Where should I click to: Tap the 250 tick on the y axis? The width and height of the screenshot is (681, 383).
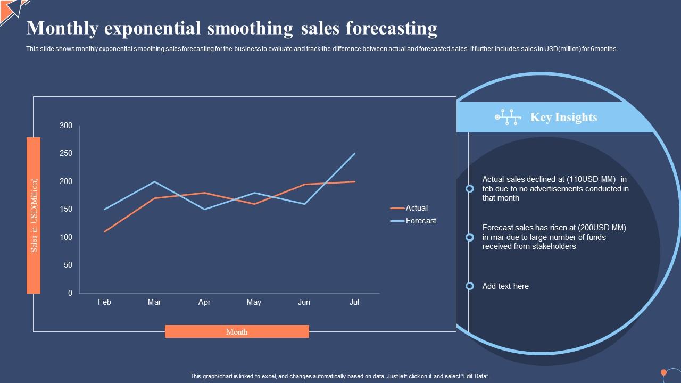(66, 153)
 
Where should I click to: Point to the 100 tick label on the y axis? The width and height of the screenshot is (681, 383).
(66, 237)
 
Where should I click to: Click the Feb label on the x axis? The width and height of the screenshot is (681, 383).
(104, 302)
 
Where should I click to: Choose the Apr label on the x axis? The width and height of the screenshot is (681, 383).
(204, 302)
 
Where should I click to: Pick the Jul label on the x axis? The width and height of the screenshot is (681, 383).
(354, 302)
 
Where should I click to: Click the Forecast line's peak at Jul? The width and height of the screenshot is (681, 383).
(354, 154)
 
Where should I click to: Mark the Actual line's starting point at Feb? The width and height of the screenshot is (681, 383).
(105, 231)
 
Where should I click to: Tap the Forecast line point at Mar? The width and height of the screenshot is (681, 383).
(154, 181)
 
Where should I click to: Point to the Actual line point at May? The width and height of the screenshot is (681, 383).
(254, 204)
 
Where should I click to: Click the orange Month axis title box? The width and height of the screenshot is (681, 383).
(237, 331)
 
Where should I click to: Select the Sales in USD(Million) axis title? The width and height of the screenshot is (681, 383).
(34, 215)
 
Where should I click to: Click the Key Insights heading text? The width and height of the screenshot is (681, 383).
(563, 118)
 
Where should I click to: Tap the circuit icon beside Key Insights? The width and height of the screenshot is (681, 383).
(508, 118)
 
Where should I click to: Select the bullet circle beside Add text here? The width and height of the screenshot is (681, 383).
(470, 286)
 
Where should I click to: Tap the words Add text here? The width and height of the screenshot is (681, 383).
(505, 286)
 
